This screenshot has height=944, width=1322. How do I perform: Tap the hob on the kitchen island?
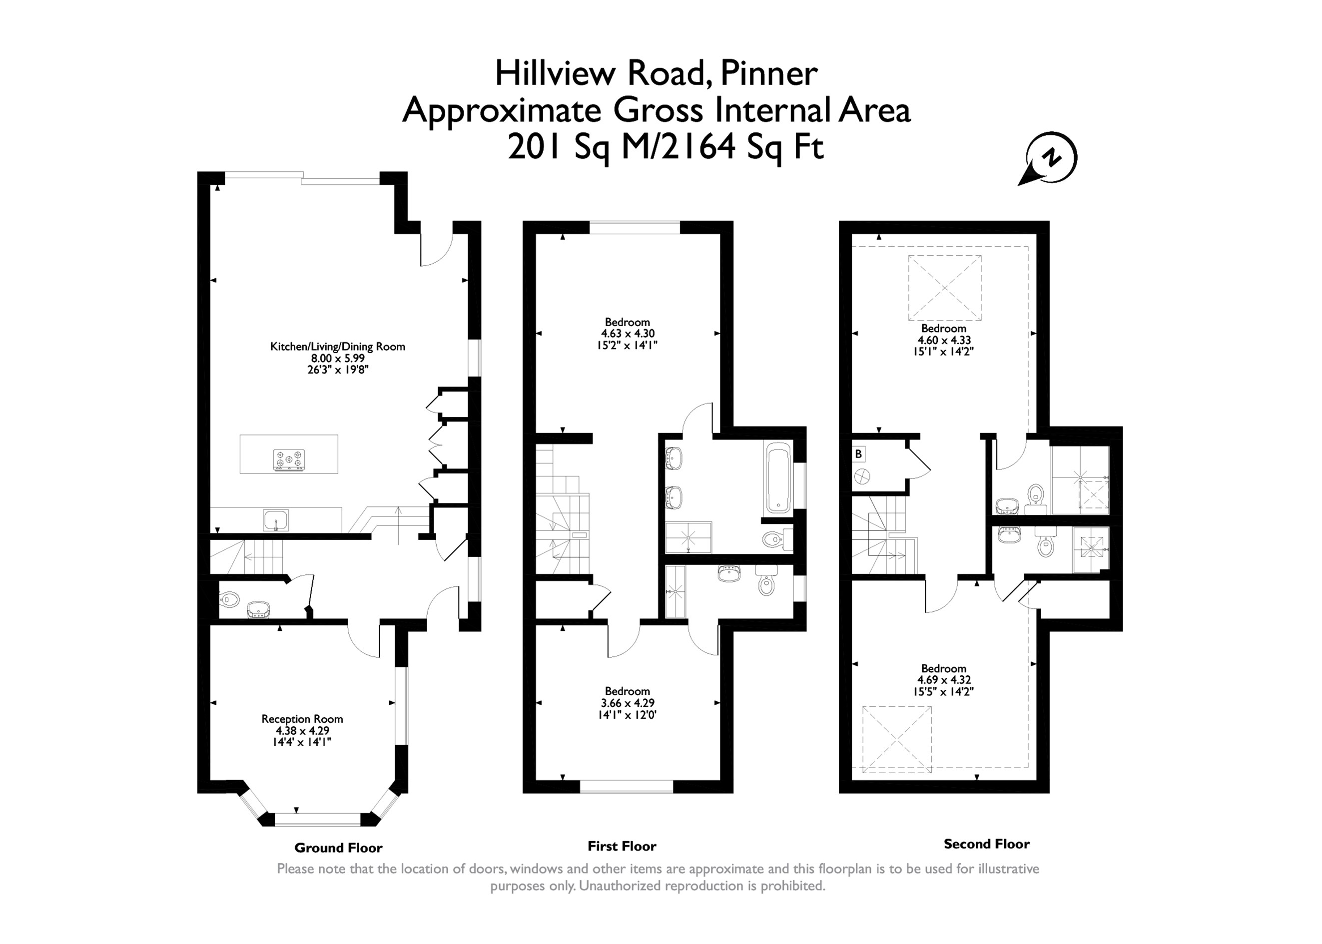[x=289, y=460]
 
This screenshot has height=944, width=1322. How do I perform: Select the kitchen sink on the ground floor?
[x=276, y=519]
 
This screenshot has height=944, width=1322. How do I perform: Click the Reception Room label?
[x=302, y=719]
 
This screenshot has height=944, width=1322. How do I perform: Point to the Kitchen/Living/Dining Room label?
[x=338, y=347]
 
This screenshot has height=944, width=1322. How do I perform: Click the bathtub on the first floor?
[x=778, y=478]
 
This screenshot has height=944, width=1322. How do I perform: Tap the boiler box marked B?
[x=859, y=454]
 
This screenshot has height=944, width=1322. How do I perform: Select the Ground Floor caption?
[x=338, y=848]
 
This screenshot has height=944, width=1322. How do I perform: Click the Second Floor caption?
[x=987, y=844]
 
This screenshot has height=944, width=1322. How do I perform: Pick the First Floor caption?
[x=622, y=846]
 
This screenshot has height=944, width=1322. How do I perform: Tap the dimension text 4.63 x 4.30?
[x=628, y=334]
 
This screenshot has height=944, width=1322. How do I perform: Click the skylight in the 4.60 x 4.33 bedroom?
[x=945, y=288]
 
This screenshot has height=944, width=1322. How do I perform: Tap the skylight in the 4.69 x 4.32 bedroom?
[x=897, y=739]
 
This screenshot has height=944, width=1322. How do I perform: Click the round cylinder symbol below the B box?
[x=861, y=476]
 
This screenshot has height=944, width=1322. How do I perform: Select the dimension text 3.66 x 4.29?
[x=628, y=703]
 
